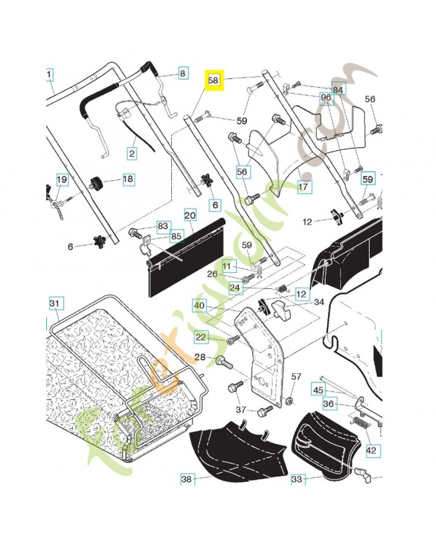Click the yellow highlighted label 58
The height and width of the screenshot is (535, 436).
click(x=214, y=80)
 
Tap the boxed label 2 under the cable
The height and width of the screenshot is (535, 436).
click(x=132, y=153)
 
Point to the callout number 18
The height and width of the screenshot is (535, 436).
click(x=127, y=179)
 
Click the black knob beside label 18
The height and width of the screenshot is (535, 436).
click(x=97, y=181)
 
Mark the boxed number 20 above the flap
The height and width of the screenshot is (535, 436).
click(x=190, y=215)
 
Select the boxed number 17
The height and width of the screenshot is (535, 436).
click(x=303, y=187)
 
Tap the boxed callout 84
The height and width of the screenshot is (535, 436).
click(x=338, y=90)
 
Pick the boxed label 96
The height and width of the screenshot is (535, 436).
click(x=326, y=98)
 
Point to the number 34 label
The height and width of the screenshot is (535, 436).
click(x=319, y=303)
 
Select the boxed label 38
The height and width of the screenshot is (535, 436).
click(x=187, y=479)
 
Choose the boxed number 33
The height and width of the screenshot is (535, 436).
click(x=297, y=479)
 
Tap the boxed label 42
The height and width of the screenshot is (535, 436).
click(x=372, y=450)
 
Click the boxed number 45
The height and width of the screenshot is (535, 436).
click(x=318, y=389)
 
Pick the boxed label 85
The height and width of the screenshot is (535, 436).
click(x=177, y=235)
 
